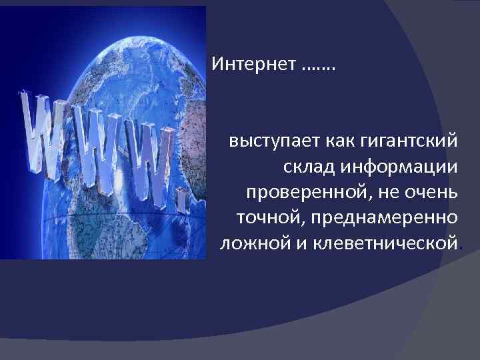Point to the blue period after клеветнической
(x=461, y=247)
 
